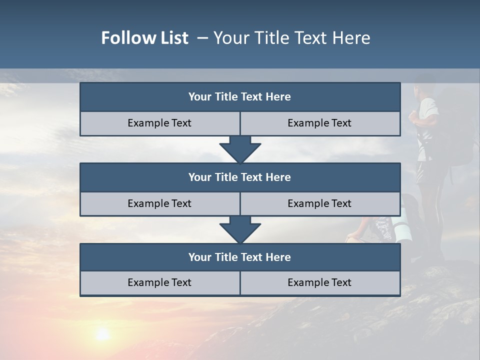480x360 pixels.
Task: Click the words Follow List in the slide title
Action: tap(144, 38)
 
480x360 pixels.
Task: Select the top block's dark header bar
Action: tap(240, 97)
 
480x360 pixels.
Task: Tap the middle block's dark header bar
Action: tap(240, 177)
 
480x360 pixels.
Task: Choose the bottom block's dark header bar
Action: tap(240, 257)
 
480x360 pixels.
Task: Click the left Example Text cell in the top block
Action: tap(159, 123)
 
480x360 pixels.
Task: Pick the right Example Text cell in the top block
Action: tap(319, 123)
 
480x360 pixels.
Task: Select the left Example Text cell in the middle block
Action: tap(159, 204)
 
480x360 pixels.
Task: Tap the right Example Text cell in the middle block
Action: tap(319, 204)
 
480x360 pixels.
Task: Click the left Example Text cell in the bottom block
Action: tap(159, 283)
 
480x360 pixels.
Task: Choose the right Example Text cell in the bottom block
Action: tap(319, 283)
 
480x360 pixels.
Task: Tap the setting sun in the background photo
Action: tap(102, 334)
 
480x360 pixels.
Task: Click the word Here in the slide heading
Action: tap(351, 38)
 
